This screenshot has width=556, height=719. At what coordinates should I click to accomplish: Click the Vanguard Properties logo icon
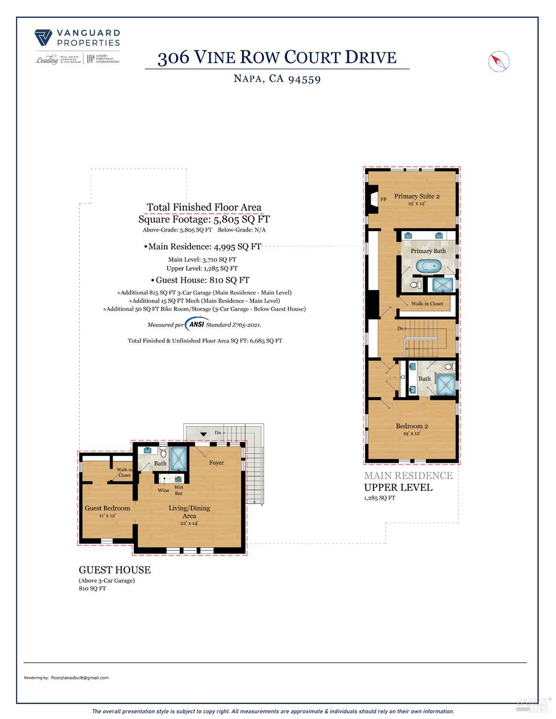pos(43,37)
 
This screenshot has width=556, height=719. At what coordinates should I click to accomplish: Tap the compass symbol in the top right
pos(498,61)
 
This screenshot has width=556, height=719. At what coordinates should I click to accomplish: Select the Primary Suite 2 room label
pos(416,196)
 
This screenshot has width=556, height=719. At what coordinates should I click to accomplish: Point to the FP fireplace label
pos(383,199)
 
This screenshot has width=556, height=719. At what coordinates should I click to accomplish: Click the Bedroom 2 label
pos(412,426)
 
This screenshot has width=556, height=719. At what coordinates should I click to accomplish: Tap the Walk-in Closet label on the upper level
pos(427,304)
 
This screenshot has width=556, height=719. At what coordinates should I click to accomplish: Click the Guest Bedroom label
pos(107,508)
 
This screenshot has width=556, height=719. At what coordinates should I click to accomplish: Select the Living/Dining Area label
pos(189,512)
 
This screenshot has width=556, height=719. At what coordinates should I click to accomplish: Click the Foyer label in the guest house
pos(216,463)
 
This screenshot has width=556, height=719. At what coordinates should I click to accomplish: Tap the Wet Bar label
pos(179,490)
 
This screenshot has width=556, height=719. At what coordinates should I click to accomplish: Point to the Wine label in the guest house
pos(163,490)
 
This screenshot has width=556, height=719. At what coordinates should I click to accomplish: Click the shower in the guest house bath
pos(179,459)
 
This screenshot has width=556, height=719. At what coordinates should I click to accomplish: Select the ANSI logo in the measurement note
pos(197,324)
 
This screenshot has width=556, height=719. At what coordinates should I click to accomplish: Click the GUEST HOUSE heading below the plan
pos(115,570)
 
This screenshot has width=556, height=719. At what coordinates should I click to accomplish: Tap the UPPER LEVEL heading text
pos(398,487)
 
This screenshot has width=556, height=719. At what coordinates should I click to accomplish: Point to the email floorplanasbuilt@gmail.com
pos(80,678)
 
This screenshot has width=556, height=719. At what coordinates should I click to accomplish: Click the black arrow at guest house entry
pos(203,434)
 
